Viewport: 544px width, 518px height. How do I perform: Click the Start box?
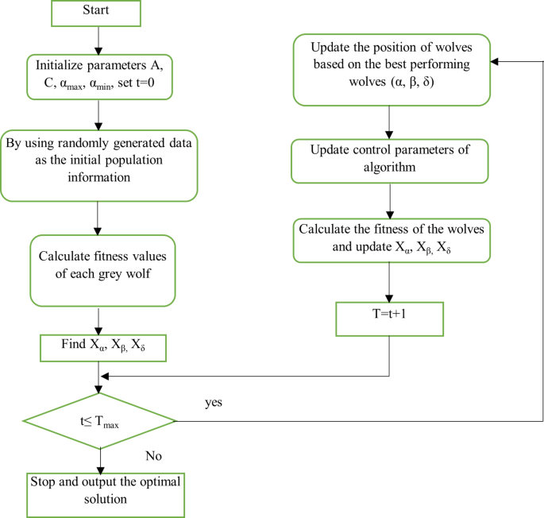click(98, 13)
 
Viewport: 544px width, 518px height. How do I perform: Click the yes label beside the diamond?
click(214, 402)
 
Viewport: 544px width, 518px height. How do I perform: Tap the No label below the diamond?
click(155, 455)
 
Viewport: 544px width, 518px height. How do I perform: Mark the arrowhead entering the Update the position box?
click(494, 62)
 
